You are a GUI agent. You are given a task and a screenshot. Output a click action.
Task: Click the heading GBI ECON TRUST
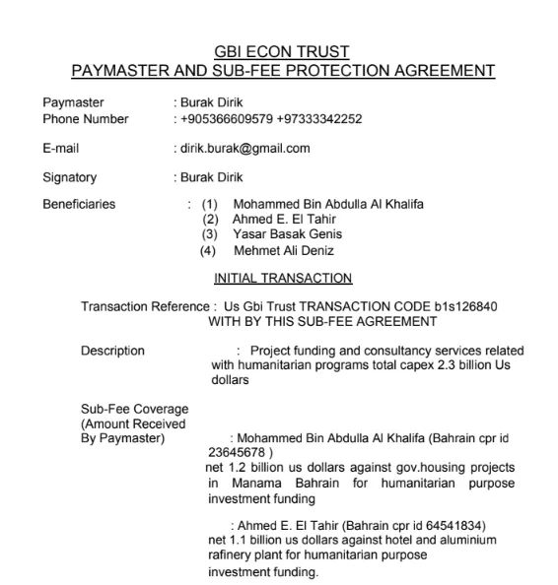[282, 52]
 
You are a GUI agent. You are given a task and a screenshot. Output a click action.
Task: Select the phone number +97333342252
[320, 119]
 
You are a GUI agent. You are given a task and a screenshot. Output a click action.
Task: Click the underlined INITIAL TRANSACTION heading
[283, 279]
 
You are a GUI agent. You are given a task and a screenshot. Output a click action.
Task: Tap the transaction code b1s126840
[465, 306]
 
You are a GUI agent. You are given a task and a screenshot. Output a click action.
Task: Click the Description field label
[112, 351]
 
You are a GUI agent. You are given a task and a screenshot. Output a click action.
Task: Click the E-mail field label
[61, 149]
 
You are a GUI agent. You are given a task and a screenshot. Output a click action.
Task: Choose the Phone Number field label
[86, 119]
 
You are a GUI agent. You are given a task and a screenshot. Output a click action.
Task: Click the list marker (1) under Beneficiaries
[209, 205]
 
